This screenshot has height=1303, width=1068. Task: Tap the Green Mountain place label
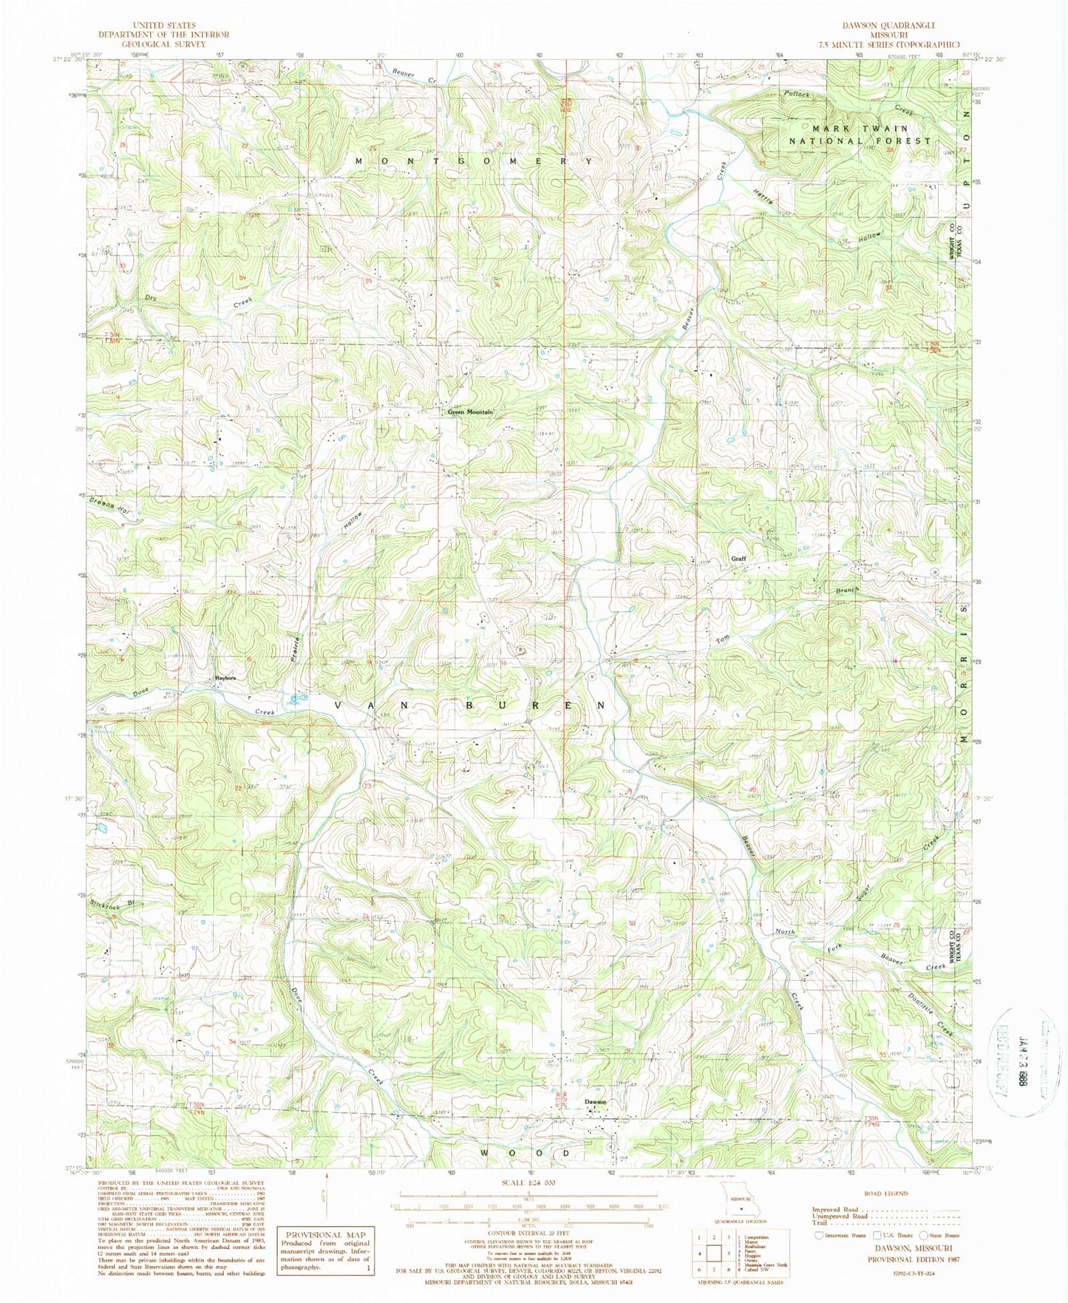click(467, 412)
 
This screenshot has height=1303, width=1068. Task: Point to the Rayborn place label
click(225, 678)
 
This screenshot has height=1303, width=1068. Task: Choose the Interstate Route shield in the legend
click(819, 1235)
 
